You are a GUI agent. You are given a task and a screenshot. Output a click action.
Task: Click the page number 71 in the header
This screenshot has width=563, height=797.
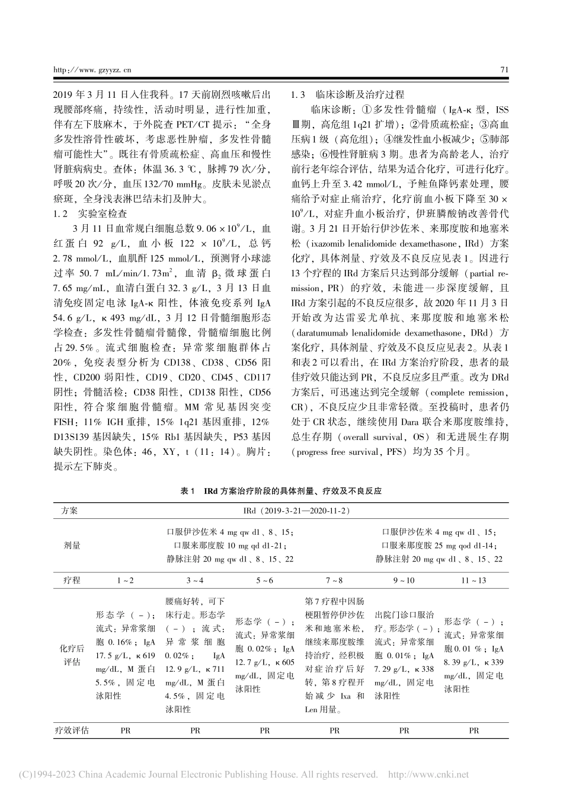tap(504, 69)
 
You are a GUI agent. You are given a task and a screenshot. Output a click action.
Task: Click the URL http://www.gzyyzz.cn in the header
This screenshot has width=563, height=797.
tap(92, 70)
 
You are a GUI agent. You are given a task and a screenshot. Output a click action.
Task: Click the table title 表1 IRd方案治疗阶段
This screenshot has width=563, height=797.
tap(281, 492)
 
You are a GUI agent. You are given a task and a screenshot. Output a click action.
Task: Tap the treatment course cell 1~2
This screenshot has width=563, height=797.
tap(126, 581)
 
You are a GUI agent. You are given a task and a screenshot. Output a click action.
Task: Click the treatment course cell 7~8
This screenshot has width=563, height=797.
tap(334, 581)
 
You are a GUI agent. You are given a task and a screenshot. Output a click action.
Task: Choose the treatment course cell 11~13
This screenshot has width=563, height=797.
tap(474, 581)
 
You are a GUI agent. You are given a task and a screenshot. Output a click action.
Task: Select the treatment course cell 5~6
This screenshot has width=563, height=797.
tap(265, 581)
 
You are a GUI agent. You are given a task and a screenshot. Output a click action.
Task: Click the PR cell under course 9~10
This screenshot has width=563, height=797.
tap(404, 731)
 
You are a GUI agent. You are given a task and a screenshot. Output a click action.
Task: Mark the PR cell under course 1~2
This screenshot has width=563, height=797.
tap(126, 731)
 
